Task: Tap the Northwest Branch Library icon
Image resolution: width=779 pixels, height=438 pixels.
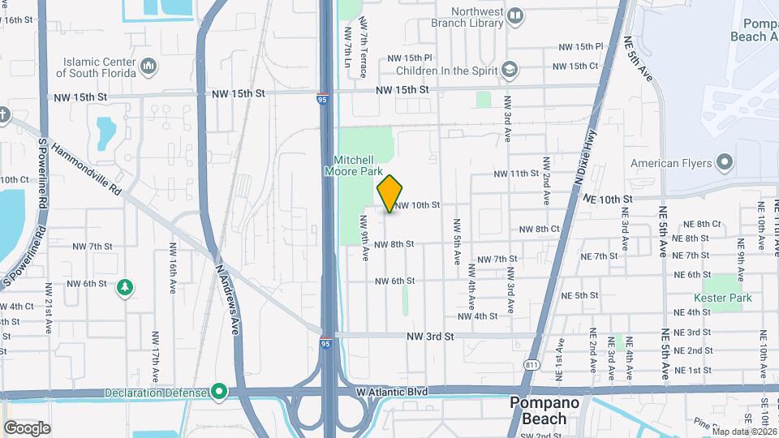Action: (x=515, y=16)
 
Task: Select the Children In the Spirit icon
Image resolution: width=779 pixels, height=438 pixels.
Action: (x=509, y=69)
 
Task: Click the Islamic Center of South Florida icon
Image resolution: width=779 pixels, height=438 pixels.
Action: (x=148, y=65)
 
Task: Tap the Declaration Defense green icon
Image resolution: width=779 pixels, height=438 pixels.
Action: (x=219, y=393)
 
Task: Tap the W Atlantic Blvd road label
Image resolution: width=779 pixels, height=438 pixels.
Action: (x=391, y=391)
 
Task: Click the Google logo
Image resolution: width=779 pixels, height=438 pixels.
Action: (x=27, y=427)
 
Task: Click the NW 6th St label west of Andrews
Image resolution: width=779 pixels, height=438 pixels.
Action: (x=89, y=283)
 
